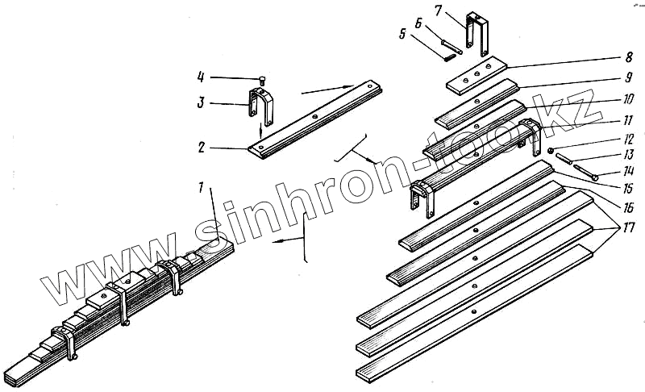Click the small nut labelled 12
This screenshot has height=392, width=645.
pyautogui.click(x=549, y=151)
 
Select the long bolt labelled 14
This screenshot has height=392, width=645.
pyautogui.click(x=580, y=172)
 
